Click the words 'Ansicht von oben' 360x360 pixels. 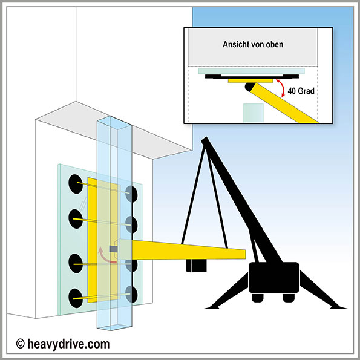pyautogui.click(x=253, y=44)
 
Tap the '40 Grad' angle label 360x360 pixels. pyautogui.click(x=301, y=91)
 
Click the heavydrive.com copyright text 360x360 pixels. pyautogui.click(x=63, y=344)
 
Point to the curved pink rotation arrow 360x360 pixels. pyautogui.click(x=103, y=257)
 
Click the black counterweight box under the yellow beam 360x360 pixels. pyautogui.click(x=196, y=266)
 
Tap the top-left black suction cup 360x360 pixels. pyautogui.click(x=76, y=184)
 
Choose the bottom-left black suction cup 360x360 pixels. pyautogui.click(x=76, y=298)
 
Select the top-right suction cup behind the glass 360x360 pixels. pyautogui.click(x=131, y=194)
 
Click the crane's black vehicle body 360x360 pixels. pyautogui.click(x=273, y=278)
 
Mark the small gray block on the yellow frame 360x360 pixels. pyautogui.click(x=113, y=249)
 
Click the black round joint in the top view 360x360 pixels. pyautogui.click(x=249, y=87)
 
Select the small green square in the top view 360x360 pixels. pyautogui.click(x=254, y=113)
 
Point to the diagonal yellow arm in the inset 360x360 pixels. pyautogui.click(x=284, y=103)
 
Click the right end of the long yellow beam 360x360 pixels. pyautogui.click(x=245, y=254)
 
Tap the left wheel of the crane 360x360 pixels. pyautogui.click(x=258, y=297)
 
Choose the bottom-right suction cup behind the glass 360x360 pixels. pyautogui.click(x=131, y=294)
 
